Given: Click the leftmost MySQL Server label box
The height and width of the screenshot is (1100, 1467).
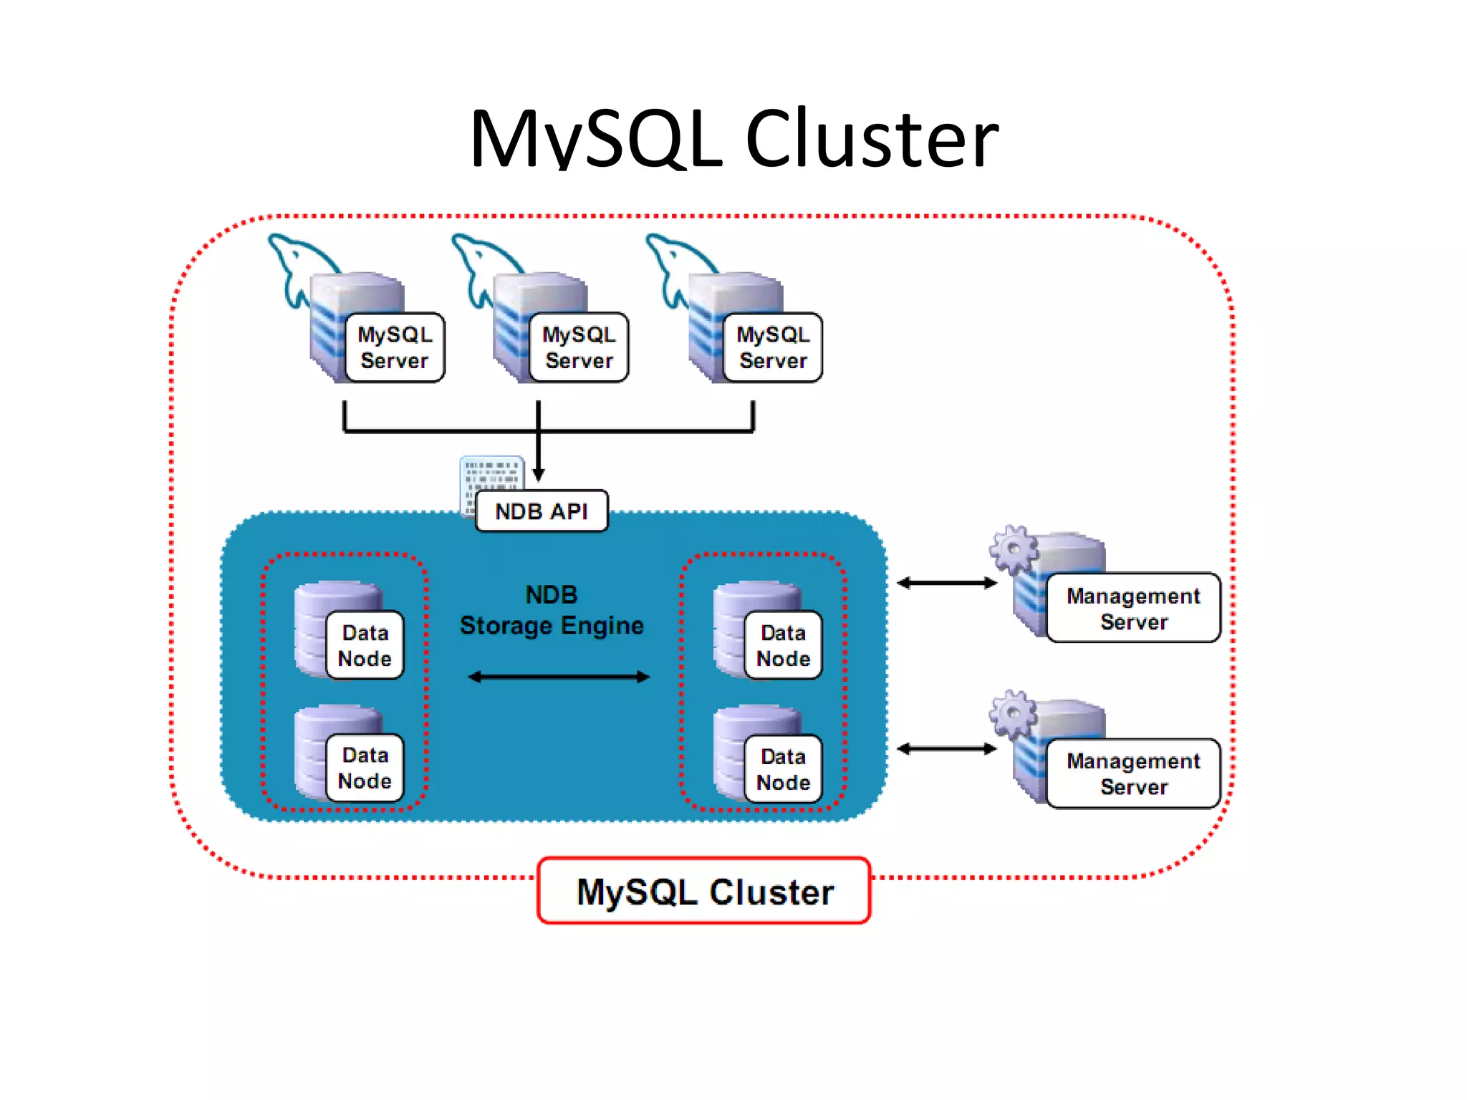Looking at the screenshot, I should [x=394, y=347].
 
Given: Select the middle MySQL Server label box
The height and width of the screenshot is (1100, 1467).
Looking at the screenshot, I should [x=578, y=347].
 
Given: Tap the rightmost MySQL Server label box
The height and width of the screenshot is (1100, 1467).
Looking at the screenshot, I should [x=772, y=347].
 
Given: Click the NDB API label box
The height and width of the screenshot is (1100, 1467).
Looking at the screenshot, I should [x=542, y=511].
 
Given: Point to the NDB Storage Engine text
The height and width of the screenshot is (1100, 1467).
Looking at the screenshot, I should [x=552, y=611].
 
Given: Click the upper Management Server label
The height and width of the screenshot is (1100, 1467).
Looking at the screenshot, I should [x=1133, y=608].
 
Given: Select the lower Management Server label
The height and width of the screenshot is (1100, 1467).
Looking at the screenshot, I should [x=1133, y=773].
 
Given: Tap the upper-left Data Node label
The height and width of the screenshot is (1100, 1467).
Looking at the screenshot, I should [x=365, y=645].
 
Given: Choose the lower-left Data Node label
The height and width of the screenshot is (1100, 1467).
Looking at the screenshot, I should [x=365, y=768].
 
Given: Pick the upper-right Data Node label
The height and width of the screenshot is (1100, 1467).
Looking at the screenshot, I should [x=783, y=645].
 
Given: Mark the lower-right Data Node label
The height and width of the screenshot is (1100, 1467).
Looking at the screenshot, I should [x=783, y=769].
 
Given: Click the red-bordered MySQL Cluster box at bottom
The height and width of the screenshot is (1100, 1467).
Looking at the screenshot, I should [x=704, y=892].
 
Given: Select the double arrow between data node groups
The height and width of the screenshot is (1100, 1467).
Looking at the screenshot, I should [x=559, y=677].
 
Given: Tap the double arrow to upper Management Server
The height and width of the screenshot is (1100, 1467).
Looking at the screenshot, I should [x=946, y=583].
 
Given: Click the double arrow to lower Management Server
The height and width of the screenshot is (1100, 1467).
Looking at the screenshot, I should [x=946, y=749].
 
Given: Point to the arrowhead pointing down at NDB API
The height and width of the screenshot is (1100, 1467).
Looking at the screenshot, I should [x=539, y=474].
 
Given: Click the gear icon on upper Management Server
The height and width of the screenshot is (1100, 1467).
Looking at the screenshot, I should [x=1013, y=549].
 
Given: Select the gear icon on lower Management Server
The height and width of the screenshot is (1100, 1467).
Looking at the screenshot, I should [x=1013, y=713].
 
